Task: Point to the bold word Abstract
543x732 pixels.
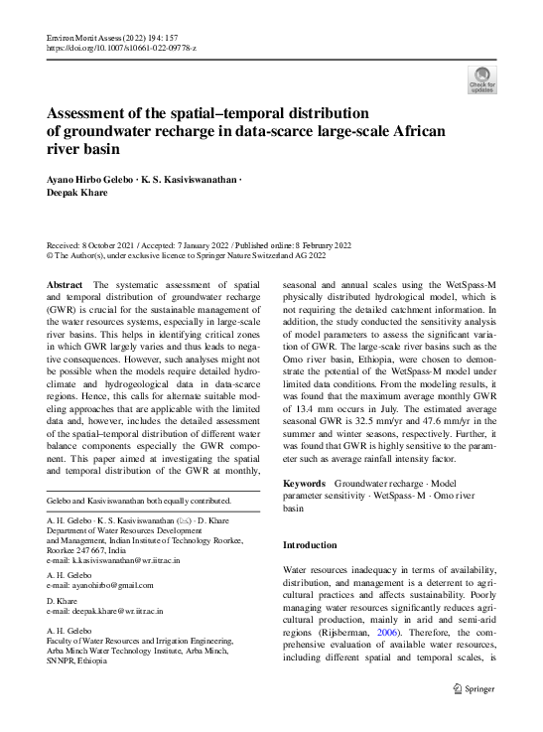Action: (65, 284)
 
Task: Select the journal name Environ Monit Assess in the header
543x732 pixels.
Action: (84, 36)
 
